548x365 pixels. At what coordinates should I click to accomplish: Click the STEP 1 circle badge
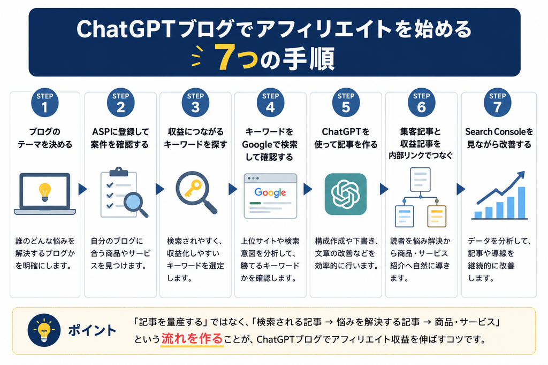point(45,103)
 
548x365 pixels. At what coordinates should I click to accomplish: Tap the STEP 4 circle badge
point(270,103)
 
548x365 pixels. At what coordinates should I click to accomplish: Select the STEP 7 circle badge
point(497,103)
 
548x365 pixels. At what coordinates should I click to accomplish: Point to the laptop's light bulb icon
point(45,192)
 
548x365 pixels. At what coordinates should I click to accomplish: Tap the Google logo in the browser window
point(270,192)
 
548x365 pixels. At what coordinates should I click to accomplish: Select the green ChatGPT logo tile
point(346,193)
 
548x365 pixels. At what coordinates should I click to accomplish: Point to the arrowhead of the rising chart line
point(521,174)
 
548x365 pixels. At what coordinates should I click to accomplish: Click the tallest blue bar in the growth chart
point(521,203)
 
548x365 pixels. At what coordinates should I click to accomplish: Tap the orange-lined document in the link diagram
point(437,216)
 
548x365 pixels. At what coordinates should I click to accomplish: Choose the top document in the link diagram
point(421,180)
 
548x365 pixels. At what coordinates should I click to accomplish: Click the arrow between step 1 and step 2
point(83,189)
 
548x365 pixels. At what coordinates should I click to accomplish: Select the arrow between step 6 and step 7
point(461,189)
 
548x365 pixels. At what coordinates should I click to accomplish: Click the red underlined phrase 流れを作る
point(192,338)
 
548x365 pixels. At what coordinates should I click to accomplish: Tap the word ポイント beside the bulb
point(92,330)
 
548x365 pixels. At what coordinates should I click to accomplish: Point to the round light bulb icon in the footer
point(44,330)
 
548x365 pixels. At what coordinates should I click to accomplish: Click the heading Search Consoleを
point(499,131)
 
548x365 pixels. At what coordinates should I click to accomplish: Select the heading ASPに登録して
point(120,131)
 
